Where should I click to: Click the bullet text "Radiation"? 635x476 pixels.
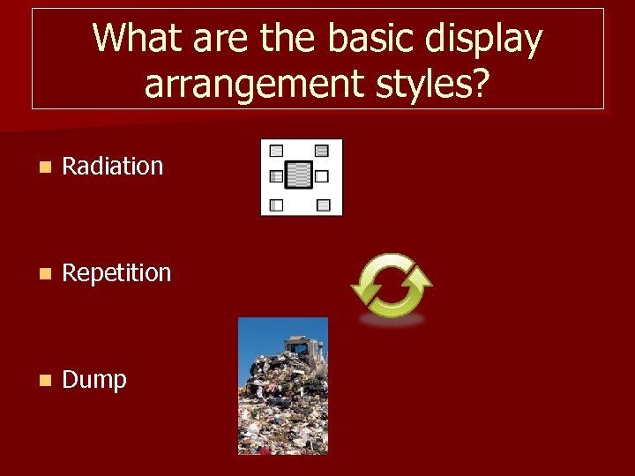coord(113,166)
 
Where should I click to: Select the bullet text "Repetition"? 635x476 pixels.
coord(116,272)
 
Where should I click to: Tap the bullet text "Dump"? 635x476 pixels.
coord(94,380)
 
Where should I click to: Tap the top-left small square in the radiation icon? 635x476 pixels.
coord(276,151)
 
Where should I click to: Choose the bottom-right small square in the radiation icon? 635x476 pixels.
coord(324,205)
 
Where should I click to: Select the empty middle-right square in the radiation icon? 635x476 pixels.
coord(323,175)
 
